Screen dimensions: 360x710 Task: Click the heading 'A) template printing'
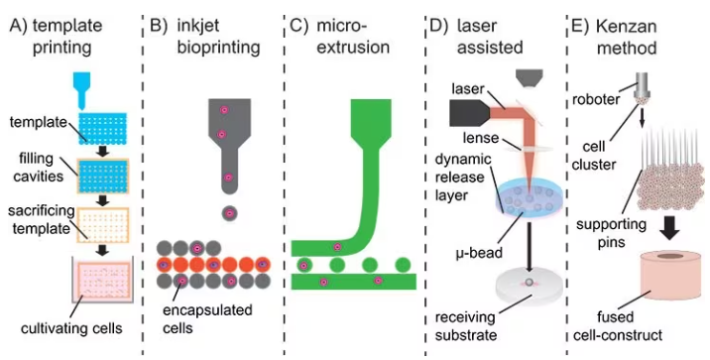60,31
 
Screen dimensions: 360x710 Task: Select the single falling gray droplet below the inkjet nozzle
230,212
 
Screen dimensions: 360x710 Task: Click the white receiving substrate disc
536,288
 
